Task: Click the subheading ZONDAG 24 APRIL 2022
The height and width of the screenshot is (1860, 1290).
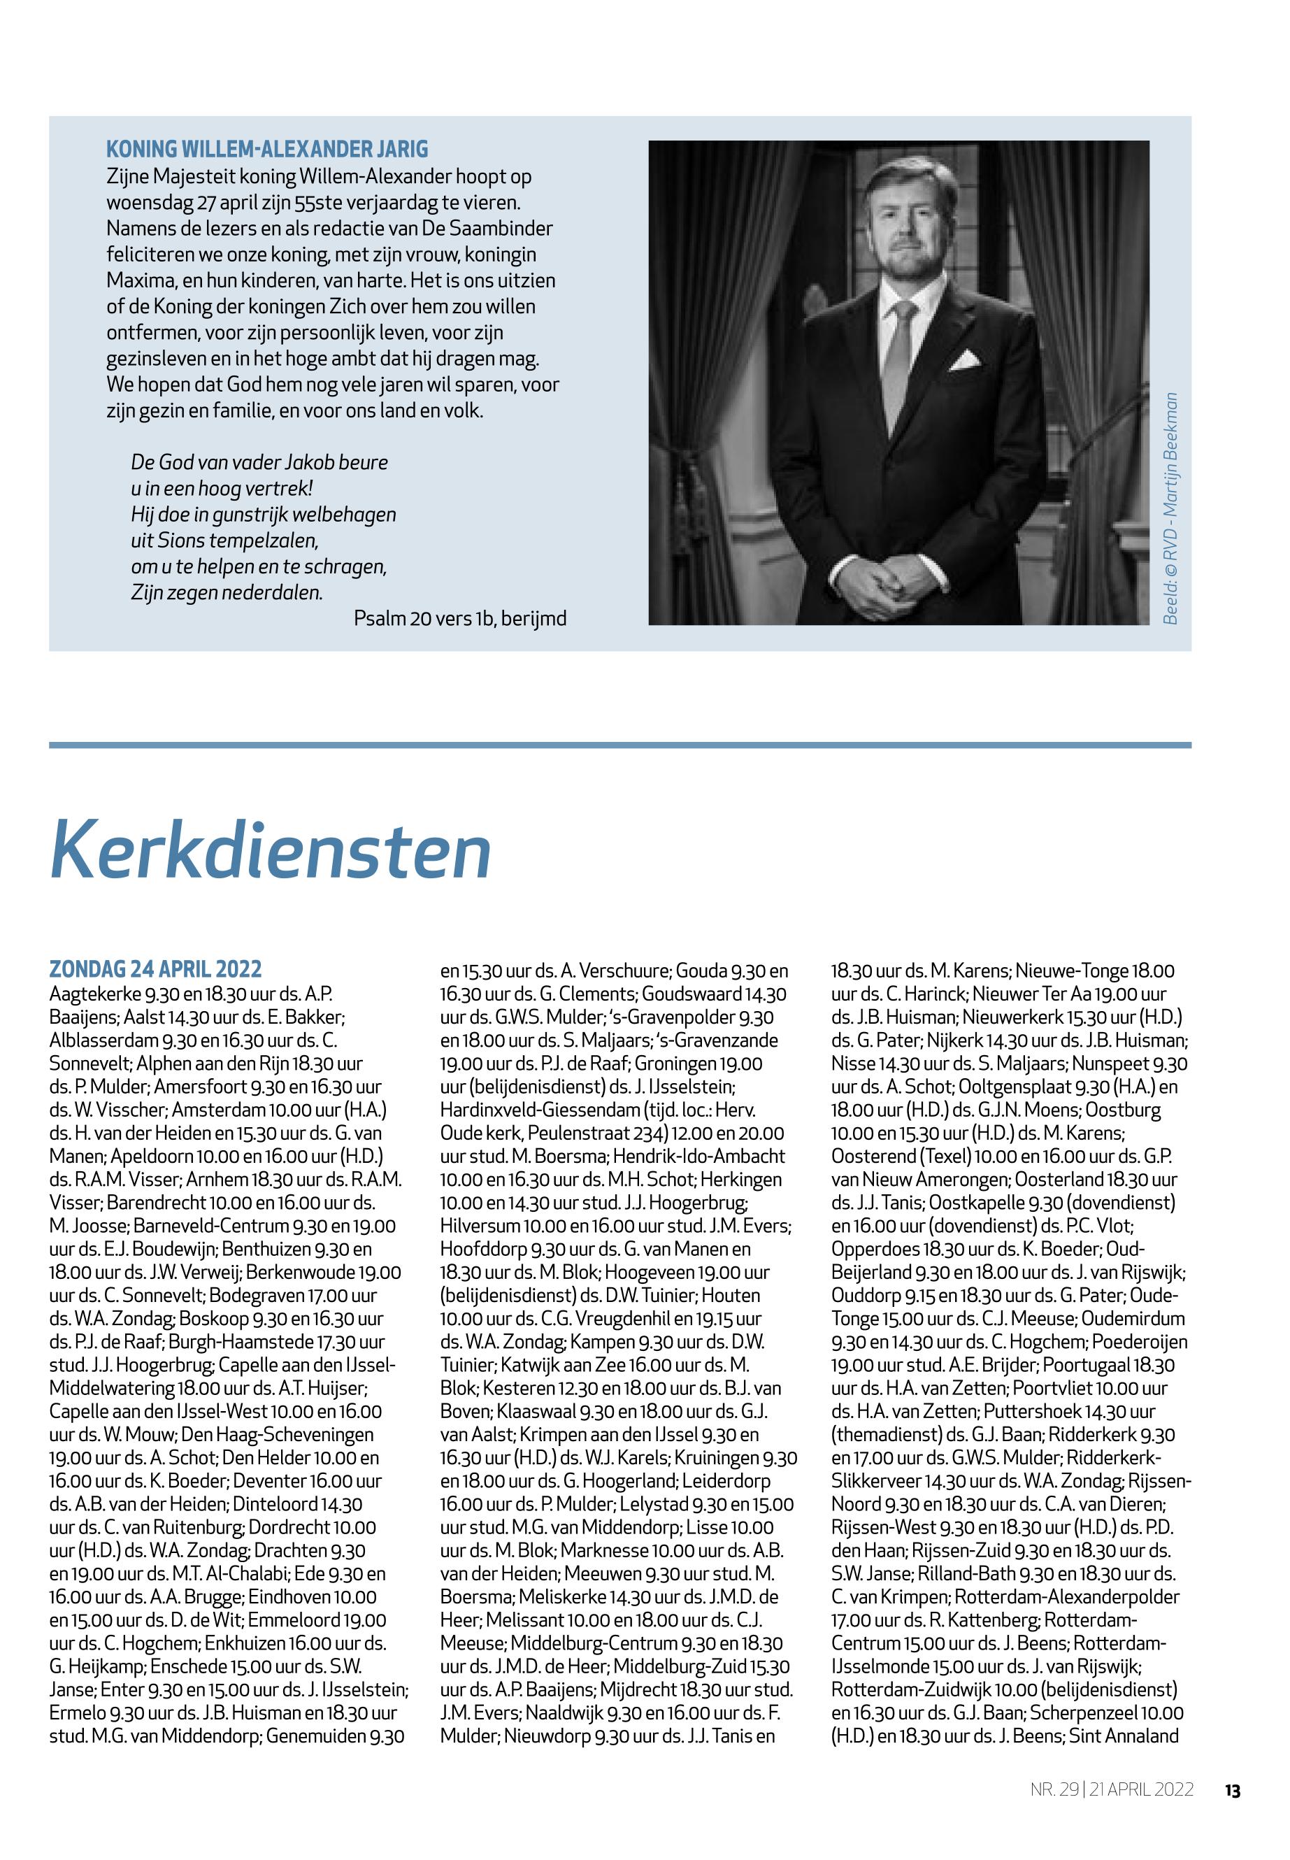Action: (x=155, y=969)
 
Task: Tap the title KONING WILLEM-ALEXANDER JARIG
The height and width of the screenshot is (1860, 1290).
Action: (x=266, y=150)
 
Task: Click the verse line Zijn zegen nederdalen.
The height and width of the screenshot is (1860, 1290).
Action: (x=227, y=592)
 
